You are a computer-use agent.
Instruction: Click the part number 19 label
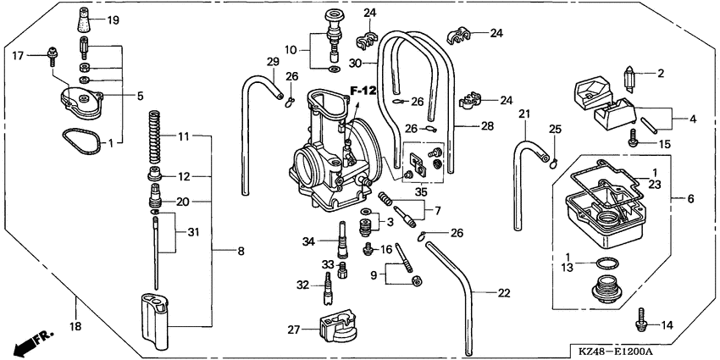113,19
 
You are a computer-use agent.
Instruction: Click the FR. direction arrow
31,343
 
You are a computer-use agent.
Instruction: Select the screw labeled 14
640,324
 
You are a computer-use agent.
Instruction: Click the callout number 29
273,61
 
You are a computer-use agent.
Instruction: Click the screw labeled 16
368,249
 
